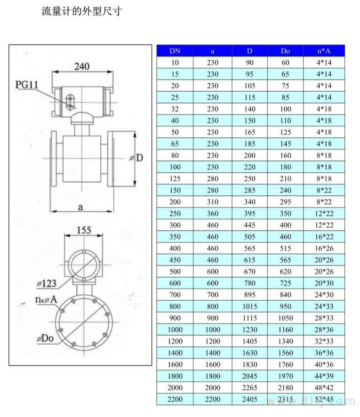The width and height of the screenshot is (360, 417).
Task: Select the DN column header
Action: click(175, 51)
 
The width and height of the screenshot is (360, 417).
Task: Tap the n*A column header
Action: click(324, 51)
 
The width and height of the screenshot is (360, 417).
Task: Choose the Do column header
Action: click(285, 51)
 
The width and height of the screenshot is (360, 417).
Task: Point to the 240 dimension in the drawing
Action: click(82, 66)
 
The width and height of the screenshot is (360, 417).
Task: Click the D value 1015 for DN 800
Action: click(249, 306)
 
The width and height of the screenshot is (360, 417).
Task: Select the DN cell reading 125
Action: click(175, 179)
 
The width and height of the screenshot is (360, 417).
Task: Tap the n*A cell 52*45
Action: click(324, 400)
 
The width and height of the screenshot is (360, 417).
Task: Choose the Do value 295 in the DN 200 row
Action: click(285, 202)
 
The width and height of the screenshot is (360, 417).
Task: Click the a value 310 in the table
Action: click(213, 202)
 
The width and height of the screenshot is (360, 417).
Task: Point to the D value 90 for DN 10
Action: click(249, 63)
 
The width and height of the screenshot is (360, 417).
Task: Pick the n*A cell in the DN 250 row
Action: click(324, 214)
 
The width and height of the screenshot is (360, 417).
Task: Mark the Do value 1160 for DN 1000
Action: click(285, 329)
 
